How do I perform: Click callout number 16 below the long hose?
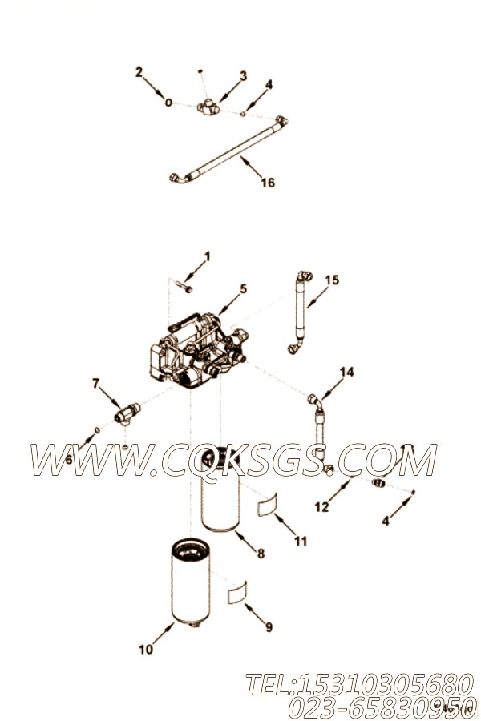point(268,183)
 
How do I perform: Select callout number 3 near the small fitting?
point(243,76)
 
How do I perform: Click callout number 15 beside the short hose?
point(332,280)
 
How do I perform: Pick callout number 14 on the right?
point(346,372)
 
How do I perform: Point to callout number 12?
point(321,506)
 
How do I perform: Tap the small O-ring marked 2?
point(169,103)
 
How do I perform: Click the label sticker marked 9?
point(238,593)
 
